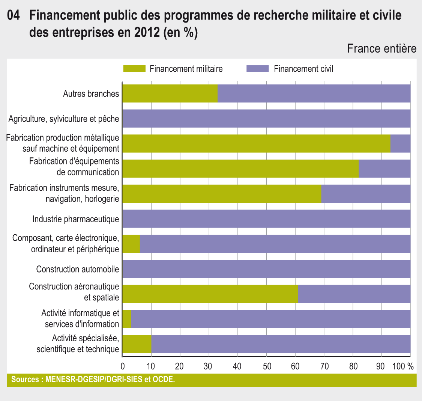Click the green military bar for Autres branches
[170, 93]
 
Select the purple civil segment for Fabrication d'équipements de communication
[384, 169]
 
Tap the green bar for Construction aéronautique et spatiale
[210, 294]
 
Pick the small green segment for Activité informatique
[127, 319]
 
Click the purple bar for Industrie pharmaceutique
[266, 219]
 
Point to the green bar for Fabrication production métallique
[256, 143]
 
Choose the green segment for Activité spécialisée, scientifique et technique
[137, 344]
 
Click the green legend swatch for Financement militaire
[134, 68]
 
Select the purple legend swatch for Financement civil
[257, 68]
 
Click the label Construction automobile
[78, 269]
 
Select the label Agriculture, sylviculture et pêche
[64, 119]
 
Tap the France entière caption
[381, 49]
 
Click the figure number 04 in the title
[13, 16]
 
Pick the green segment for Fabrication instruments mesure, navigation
[222, 194]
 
